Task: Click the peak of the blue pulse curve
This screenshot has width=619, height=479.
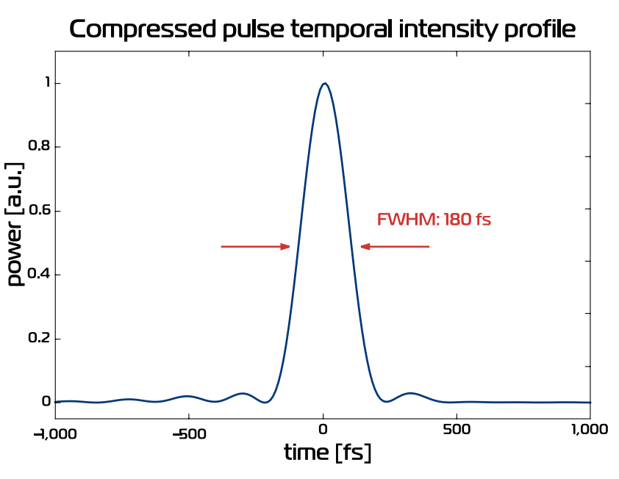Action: (x=324, y=83)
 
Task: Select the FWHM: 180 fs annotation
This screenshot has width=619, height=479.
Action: (x=434, y=219)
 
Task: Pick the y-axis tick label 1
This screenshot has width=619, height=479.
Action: (x=47, y=83)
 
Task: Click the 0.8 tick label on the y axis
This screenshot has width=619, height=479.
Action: (x=40, y=147)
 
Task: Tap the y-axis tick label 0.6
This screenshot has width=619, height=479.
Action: (x=40, y=211)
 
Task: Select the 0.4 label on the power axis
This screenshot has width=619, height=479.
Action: (x=40, y=275)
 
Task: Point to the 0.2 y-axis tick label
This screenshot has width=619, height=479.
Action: (x=40, y=339)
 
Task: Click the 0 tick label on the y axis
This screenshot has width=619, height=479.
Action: (x=46, y=402)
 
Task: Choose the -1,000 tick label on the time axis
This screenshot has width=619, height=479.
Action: (x=55, y=431)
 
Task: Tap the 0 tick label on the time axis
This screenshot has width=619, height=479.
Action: (x=323, y=431)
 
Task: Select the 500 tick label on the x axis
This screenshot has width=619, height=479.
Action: (x=457, y=431)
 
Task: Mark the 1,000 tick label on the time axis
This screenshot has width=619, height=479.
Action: (x=590, y=431)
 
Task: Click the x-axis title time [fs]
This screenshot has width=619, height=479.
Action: (x=328, y=453)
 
